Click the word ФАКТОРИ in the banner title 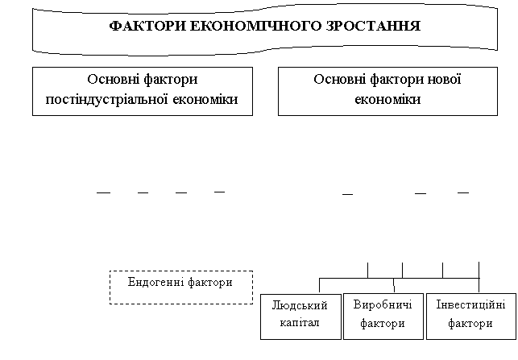click(147, 26)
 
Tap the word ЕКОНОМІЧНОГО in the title click(255, 26)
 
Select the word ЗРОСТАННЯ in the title click(373, 26)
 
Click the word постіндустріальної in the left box click(106, 99)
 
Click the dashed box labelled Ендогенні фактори click(181, 288)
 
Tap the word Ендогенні click(156, 283)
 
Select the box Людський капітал click(300, 317)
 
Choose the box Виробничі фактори click(383, 317)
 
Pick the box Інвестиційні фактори click(471, 317)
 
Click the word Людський click(300, 305)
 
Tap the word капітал click(300, 323)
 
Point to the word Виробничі click(383, 304)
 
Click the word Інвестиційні click(470, 304)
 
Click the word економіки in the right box click(387, 99)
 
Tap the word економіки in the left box click(205, 99)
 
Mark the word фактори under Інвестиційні click(470, 323)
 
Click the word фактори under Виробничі click(383, 323)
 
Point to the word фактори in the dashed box click(210, 283)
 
